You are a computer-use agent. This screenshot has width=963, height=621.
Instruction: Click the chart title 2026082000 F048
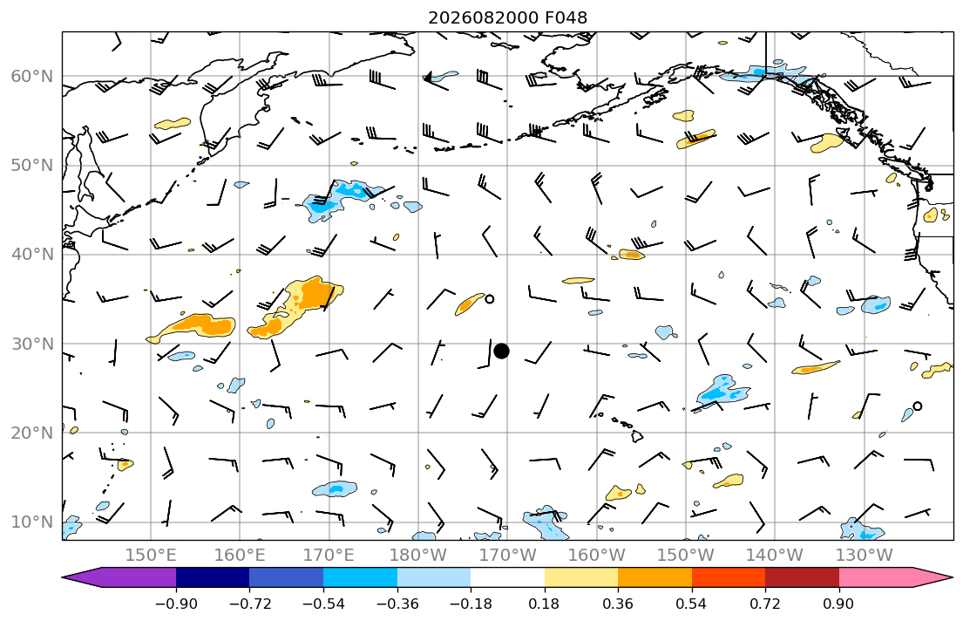tap(507, 17)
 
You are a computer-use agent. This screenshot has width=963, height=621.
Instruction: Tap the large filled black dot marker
tap(501, 351)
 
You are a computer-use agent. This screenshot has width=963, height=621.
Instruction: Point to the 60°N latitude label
tap(32, 76)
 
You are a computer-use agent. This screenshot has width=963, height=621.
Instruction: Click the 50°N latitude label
tap(32, 166)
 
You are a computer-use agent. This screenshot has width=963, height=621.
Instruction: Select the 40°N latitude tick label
tap(32, 255)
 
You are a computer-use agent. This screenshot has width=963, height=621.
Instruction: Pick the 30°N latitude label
tap(32, 344)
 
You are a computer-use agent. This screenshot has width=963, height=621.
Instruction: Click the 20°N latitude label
tap(32, 433)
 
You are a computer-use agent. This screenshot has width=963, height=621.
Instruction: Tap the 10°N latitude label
tap(32, 522)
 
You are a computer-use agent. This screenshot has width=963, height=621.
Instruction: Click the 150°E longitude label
tap(151, 556)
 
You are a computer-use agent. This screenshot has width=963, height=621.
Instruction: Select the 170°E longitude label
tap(329, 556)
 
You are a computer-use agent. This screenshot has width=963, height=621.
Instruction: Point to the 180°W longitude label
tap(418, 556)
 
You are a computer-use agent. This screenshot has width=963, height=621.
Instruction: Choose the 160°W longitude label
tap(597, 556)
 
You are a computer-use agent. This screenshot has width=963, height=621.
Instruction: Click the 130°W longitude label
tap(865, 556)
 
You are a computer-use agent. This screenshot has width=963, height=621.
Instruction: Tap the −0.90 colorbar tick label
tap(176, 604)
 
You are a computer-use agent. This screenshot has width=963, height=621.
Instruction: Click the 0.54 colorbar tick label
tap(692, 604)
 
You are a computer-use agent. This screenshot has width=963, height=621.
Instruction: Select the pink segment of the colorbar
tap(876, 577)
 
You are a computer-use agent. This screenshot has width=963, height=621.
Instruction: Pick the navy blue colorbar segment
tap(213, 577)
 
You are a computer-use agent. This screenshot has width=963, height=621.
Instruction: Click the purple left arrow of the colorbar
tap(119, 577)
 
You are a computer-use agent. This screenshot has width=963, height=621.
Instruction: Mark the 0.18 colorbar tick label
tap(544, 604)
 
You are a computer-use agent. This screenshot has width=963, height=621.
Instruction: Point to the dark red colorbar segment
tap(802, 577)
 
